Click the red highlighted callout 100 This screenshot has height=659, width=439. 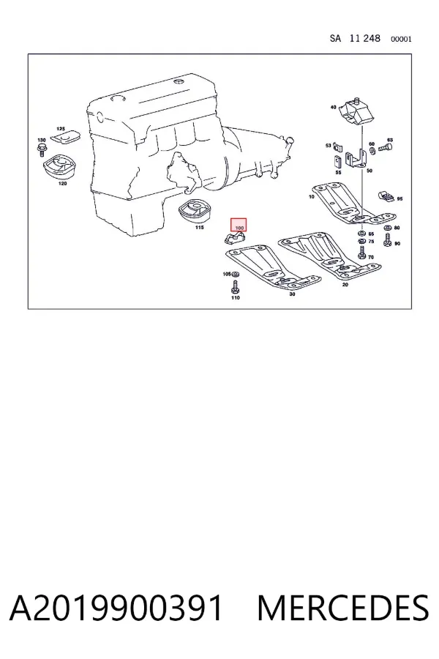(x=239, y=225)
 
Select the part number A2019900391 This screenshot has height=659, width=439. (x=116, y=608)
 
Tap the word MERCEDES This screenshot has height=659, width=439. (x=343, y=608)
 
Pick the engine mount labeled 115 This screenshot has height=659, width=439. (x=194, y=212)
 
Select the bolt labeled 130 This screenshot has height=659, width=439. (x=42, y=149)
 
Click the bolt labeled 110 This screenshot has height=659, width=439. (x=236, y=288)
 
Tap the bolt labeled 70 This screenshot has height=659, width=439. (x=361, y=252)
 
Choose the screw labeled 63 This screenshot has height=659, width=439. (x=386, y=147)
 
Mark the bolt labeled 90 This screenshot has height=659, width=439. (x=387, y=240)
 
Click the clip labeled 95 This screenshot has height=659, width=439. (x=386, y=196)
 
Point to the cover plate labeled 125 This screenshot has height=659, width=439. (x=65, y=138)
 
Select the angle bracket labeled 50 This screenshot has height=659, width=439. (x=355, y=159)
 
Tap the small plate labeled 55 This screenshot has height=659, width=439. (x=338, y=161)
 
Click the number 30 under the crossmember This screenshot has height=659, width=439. (x=292, y=294)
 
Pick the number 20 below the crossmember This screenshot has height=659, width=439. (x=345, y=285)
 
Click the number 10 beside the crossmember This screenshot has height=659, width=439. (x=311, y=196)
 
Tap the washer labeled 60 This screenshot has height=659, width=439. (x=372, y=149)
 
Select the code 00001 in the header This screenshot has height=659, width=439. (x=401, y=39)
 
